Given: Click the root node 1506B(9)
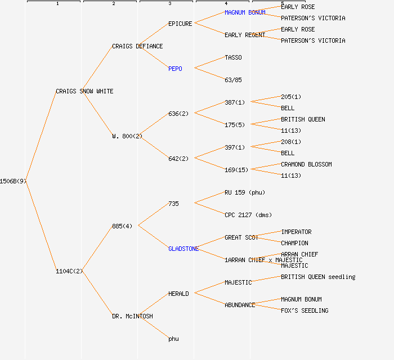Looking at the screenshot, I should click(x=13, y=181).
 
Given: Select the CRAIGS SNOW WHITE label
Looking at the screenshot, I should click(x=84, y=91).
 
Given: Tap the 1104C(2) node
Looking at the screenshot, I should click(x=69, y=271).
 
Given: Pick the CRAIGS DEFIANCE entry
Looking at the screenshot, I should click(x=137, y=46).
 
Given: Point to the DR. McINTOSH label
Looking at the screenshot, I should click(x=132, y=316).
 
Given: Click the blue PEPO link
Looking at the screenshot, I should click(x=175, y=69).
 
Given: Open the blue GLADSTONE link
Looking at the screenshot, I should click(x=183, y=249).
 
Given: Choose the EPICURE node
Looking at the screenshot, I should click(x=180, y=24).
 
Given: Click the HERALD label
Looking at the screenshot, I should click(x=178, y=294).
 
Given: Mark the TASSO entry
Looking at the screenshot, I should click(x=233, y=57).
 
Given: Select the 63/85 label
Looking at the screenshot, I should click(x=233, y=80).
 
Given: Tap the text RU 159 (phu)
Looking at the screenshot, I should click(x=244, y=192).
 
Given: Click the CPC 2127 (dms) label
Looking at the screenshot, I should click(x=248, y=215).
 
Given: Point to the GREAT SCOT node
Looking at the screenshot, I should click(x=241, y=237).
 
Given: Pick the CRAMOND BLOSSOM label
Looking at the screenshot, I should click(x=306, y=164).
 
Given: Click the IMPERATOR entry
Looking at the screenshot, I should click(x=296, y=232).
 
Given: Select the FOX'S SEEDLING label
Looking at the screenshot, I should click(x=305, y=310).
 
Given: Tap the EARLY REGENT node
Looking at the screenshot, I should click(x=245, y=35).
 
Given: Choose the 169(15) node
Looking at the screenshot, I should click(x=236, y=170).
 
